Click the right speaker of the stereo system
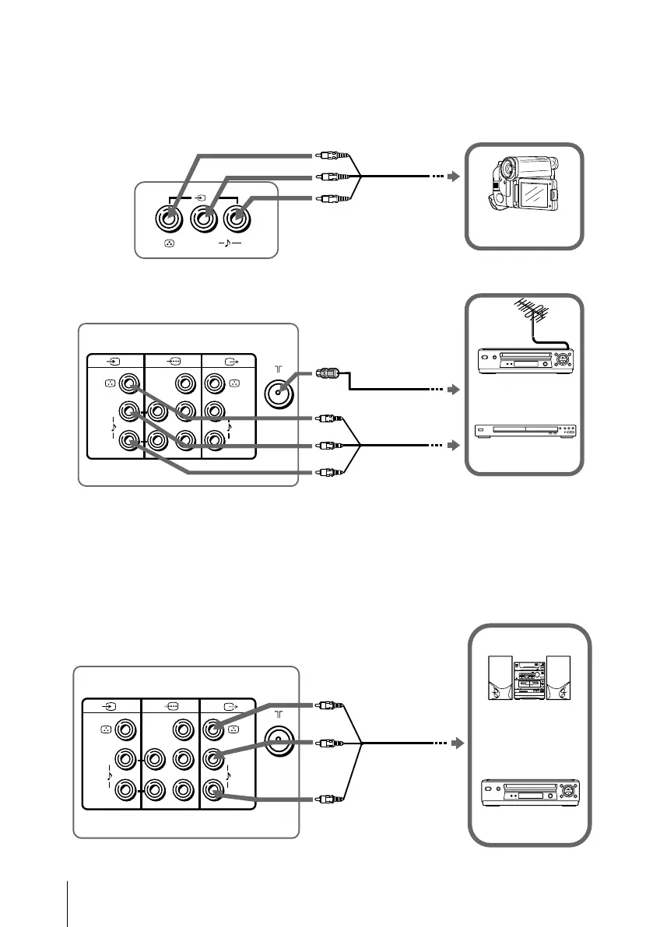[x=558, y=679]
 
